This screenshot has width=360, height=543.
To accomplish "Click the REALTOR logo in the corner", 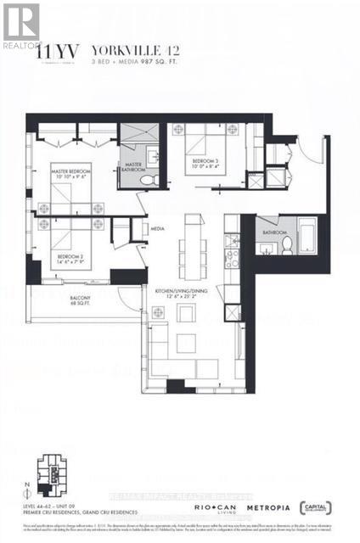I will click(x=21, y=25).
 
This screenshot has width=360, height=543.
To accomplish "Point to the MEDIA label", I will click(x=157, y=228).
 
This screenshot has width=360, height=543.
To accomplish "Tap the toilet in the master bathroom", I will click(x=146, y=180).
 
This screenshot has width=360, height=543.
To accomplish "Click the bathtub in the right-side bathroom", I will click(x=305, y=236).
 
